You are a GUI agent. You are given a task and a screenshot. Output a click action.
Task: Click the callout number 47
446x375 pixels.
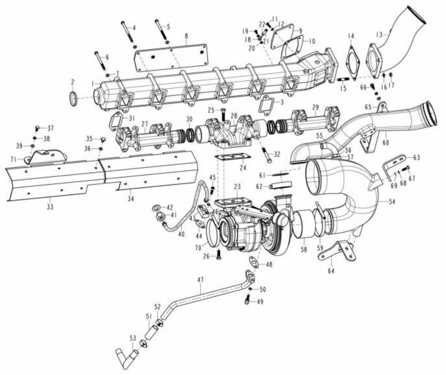pos(201,280)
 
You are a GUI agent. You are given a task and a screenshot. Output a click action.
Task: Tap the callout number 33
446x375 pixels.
pos(50,207)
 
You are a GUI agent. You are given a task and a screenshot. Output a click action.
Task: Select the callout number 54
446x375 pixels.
pos(392,202)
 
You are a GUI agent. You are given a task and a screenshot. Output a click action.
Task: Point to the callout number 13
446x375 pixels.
pos(379,34)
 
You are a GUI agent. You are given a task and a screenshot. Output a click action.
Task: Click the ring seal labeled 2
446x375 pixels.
pos(73,99)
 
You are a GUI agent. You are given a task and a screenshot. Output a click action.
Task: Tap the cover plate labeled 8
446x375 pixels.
pos(171,58)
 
